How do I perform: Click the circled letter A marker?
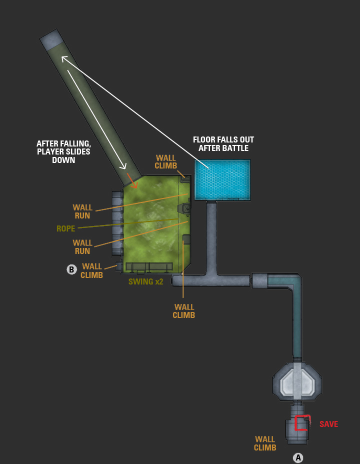click(x=298, y=457)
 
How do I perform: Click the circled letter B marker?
click(x=71, y=269)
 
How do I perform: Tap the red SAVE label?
click(x=328, y=424)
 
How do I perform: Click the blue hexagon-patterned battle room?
click(x=222, y=179)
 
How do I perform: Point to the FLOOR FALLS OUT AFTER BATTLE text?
click(x=223, y=144)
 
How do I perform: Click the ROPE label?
click(x=65, y=228)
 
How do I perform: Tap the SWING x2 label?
click(x=145, y=281)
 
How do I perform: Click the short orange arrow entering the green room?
click(x=132, y=180)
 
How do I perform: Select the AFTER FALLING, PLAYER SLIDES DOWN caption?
click(x=63, y=152)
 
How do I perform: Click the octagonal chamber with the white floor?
click(x=297, y=381)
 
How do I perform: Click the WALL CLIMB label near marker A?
click(x=265, y=443)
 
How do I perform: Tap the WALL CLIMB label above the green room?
click(x=165, y=162)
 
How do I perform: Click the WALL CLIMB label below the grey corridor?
click(x=183, y=311)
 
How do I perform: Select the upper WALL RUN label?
click(x=82, y=211)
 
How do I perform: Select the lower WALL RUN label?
click(x=82, y=247)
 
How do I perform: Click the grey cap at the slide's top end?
click(x=52, y=39)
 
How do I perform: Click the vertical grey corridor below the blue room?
click(x=211, y=237)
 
